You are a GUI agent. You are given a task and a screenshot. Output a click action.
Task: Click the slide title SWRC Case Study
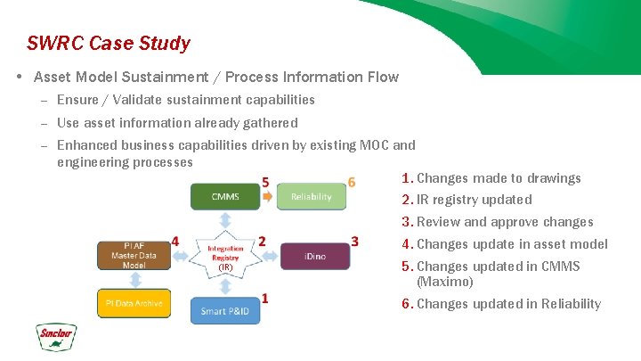[x=108, y=43]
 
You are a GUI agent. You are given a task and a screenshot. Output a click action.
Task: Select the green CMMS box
[x=225, y=196]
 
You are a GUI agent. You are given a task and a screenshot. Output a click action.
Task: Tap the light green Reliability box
[x=311, y=196]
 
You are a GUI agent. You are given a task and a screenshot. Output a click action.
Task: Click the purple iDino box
[x=315, y=256]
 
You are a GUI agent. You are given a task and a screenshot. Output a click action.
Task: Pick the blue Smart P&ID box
[x=225, y=311]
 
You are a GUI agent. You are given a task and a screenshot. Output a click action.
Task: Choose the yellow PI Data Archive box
[x=134, y=303]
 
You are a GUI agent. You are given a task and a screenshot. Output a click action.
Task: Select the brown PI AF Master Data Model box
[x=134, y=255]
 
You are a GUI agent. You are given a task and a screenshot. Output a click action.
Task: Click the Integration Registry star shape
[x=225, y=256]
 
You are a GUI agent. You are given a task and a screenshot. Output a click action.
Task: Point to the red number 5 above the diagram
[x=265, y=183]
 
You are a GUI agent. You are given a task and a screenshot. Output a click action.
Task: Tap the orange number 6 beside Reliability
[x=352, y=183]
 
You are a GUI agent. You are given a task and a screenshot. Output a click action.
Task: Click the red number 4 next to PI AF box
[x=174, y=241]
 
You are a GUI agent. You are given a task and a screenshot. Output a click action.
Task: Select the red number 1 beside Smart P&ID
[x=265, y=298]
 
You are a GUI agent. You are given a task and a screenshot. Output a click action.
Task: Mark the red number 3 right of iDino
[x=354, y=242]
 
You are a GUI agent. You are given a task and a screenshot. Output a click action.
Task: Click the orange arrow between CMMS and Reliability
[x=268, y=197]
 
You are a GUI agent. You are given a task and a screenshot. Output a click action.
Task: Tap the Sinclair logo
[x=56, y=337]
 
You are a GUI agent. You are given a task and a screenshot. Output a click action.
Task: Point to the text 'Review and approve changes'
[x=504, y=222]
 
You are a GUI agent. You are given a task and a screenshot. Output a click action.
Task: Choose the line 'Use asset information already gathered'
[x=177, y=123]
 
